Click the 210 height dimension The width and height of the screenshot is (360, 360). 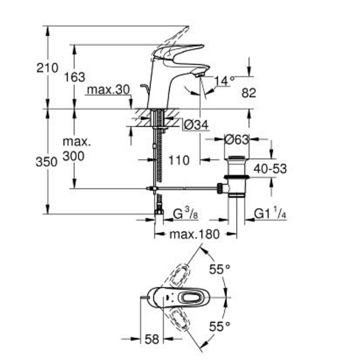(47, 68)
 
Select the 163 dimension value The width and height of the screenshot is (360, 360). (74, 77)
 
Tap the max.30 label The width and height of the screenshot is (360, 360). (108, 90)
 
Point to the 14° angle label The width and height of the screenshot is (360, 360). (224, 80)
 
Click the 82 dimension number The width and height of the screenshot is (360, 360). (249, 93)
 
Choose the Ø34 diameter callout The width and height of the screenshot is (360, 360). (197, 125)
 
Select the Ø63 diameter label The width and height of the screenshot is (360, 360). (237, 139)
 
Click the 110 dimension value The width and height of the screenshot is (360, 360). (179, 160)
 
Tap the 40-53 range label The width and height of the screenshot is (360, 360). (270, 169)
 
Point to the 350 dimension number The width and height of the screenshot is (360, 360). (47, 162)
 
